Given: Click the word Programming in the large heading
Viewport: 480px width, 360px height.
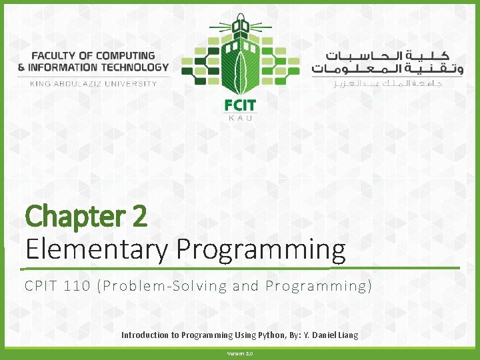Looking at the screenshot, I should [x=261, y=249].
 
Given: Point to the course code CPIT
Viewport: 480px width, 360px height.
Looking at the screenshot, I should [x=41, y=287].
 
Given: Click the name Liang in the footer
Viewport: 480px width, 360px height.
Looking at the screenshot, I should [x=346, y=335].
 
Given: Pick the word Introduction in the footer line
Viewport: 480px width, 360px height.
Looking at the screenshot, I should [x=145, y=335].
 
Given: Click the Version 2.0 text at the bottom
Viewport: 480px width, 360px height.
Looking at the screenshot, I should [x=240, y=353].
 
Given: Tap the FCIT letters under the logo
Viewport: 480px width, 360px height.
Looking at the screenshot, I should [x=240, y=105].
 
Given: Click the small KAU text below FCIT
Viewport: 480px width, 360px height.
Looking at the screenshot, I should [x=240, y=118].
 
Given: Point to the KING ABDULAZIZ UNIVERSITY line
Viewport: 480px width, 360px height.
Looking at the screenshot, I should [x=93, y=83].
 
